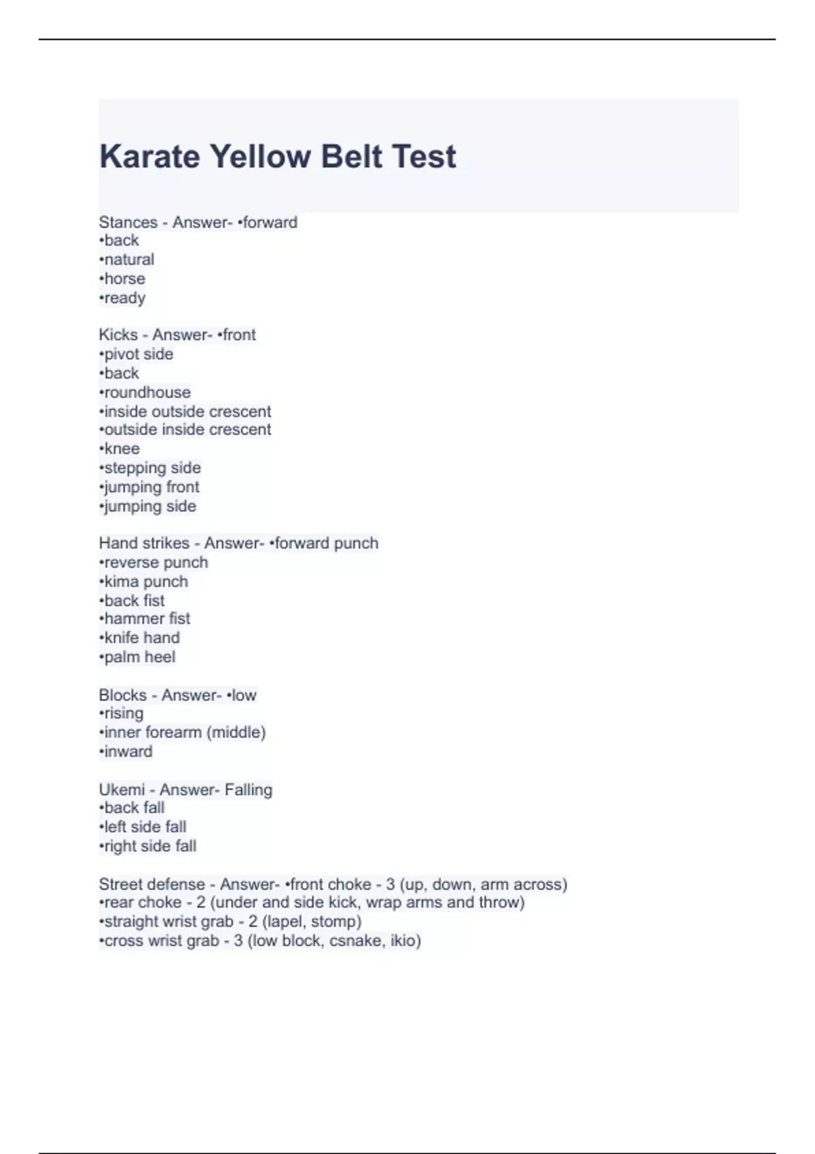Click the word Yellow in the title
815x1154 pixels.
click(x=260, y=157)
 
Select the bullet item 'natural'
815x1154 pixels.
click(x=127, y=259)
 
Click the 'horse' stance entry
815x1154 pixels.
click(x=122, y=278)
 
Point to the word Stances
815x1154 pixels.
click(x=128, y=222)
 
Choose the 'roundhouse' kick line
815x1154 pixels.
click(x=145, y=392)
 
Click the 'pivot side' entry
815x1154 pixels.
click(x=137, y=354)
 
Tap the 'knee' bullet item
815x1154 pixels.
click(x=120, y=449)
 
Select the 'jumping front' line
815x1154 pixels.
click(x=149, y=487)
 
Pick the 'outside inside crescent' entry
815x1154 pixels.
click(x=185, y=430)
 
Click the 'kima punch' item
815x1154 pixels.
click(x=144, y=582)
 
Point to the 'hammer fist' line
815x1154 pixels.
click(x=145, y=618)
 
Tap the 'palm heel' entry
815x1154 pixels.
click(x=138, y=657)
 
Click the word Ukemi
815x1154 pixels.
click(x=122, y=789)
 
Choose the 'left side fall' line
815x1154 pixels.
click(x=143, y=827)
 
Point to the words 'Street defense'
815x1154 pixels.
click(x=151, y=885)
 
